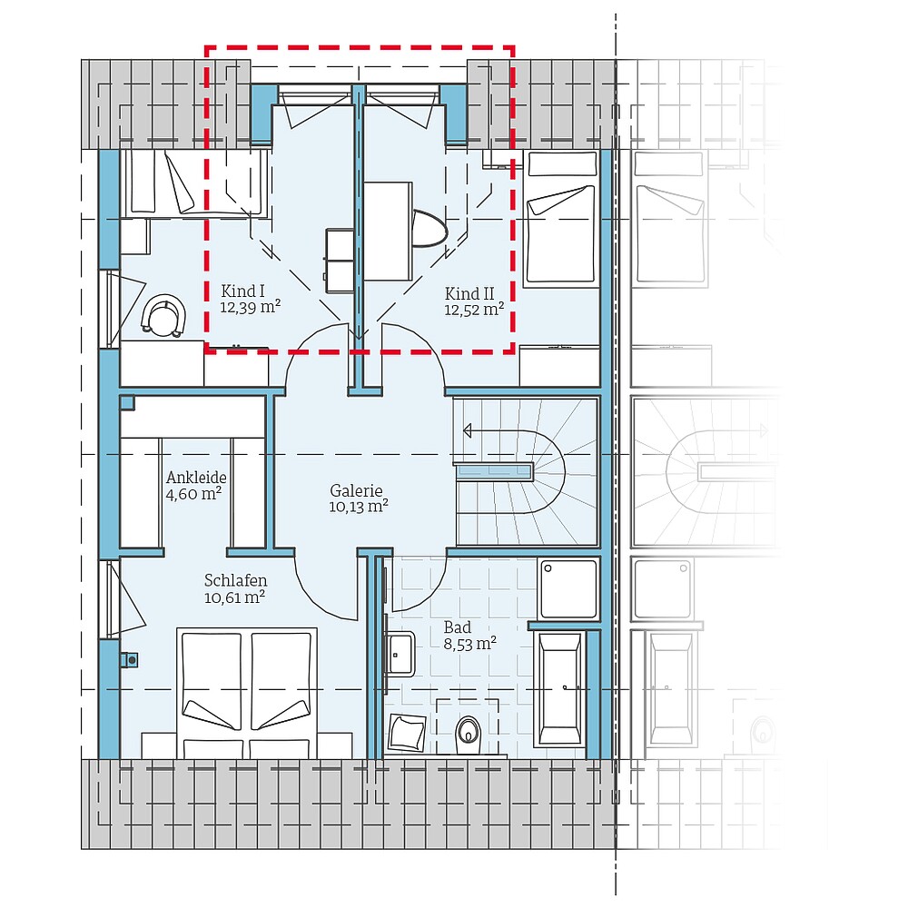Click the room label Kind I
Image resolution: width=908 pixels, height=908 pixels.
pos(242,291)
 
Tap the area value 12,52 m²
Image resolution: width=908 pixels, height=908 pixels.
pos(474,310)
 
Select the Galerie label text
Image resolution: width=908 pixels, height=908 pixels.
pos(358,489)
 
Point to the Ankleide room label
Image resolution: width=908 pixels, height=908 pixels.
pos(195,478)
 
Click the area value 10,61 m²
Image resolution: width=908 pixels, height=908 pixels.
pos(234,597)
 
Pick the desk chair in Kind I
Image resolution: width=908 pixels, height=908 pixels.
pos(163,316)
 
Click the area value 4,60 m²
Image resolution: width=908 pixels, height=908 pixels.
pos(193,495)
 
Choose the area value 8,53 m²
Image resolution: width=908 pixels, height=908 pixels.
pos(469,644)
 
